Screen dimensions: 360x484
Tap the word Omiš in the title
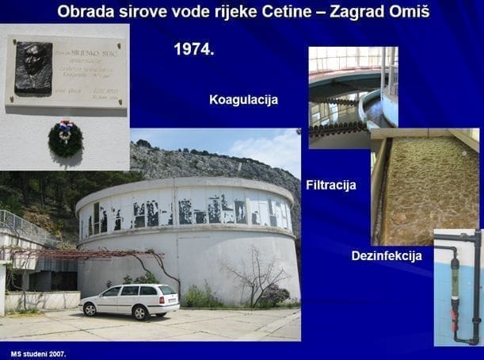[x=407, y=13]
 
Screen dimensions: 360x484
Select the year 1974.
[x=194, y=49]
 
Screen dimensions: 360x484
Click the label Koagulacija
[x=243, y=100]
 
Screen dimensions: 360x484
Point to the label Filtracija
[x=330, y=186]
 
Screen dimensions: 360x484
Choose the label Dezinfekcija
[x=386, y=255]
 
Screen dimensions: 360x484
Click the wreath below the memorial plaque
[x=65, y=138]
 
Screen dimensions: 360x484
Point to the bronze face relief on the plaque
[x=33, y=67]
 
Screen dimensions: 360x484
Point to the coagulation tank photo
[x=352, y=95]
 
